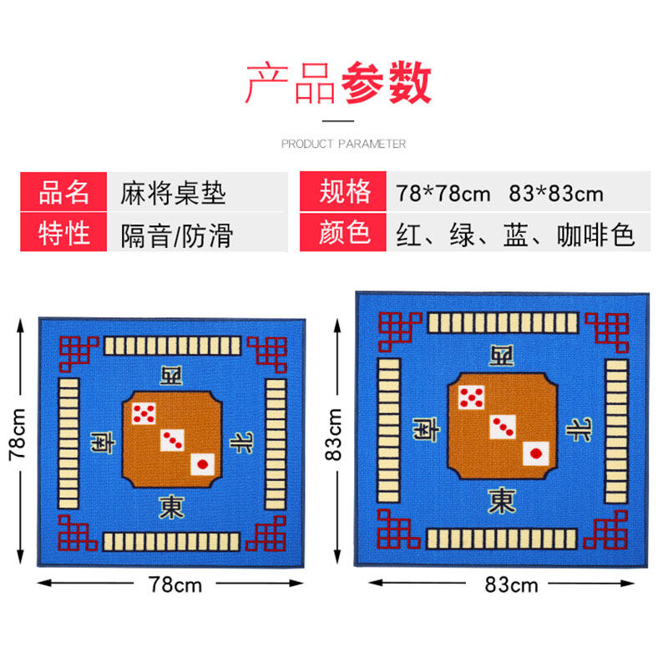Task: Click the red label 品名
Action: [63, 193]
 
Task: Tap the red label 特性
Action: [63, 233]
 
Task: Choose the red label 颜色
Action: [345, 233]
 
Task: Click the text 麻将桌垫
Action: [173, 194]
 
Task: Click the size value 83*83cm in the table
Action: [556, 194]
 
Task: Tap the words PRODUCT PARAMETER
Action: [343, 144]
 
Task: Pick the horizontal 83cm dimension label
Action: [511, 584]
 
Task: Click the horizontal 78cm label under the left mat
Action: [175, 584]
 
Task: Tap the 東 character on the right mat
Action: [502, 500]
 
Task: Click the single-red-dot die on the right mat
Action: [535, 454]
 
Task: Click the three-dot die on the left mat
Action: [173, 438]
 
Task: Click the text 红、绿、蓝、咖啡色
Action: [516, 234]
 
